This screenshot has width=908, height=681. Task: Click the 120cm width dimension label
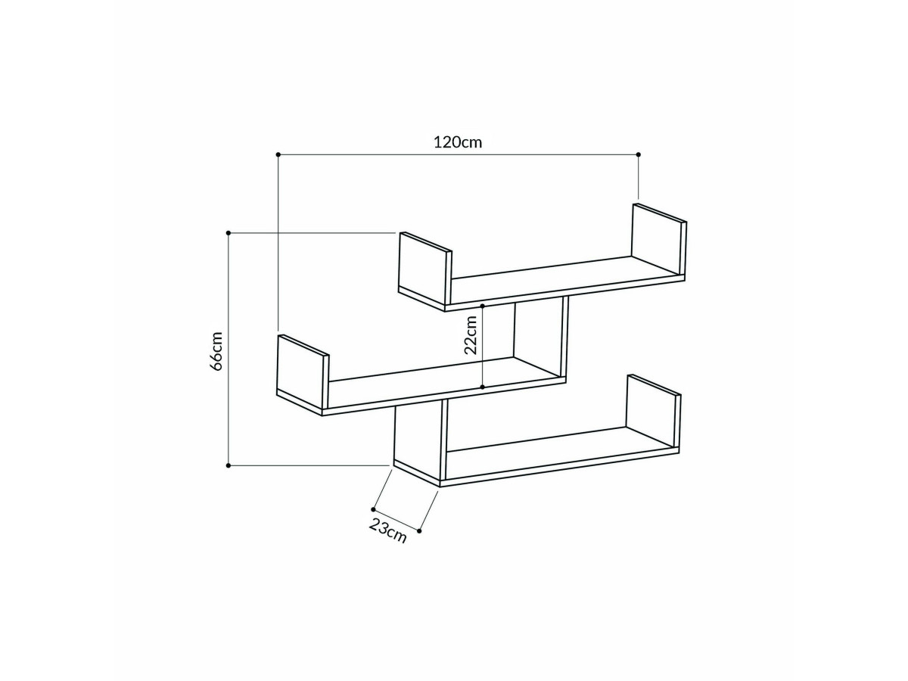point(458,142)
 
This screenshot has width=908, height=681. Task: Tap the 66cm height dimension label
point(216,351)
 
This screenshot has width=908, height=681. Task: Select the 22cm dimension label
point(471,335)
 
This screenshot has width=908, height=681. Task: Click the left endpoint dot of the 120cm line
point(278,154)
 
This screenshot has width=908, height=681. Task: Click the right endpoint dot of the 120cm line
point(639,154)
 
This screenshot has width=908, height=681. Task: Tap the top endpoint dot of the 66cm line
point(229,233)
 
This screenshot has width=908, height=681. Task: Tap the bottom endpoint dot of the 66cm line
point(229,465)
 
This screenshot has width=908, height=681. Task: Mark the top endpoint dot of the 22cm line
point(482,306)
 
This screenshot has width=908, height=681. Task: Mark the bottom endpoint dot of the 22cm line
point(482,387)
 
